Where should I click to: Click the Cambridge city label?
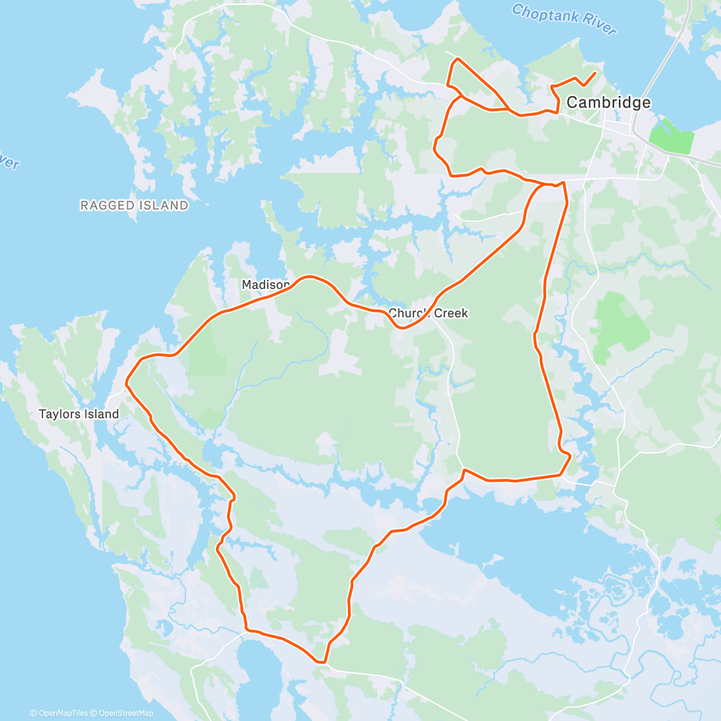tap(608, 102)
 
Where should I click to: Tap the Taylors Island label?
tap(79, 414)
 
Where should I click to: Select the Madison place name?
tap(266, 285)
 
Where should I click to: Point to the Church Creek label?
tap(428, 313)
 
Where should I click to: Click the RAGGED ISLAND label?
tap(134, 205)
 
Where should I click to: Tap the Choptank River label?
tap(564, 19)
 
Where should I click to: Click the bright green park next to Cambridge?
tap(673, 137)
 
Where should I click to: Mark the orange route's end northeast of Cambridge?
tap(595, 73)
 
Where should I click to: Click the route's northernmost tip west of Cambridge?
tap(458, 59)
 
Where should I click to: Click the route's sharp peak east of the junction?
tap(564, 181)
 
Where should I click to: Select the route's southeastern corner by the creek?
tap(569, 456)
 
